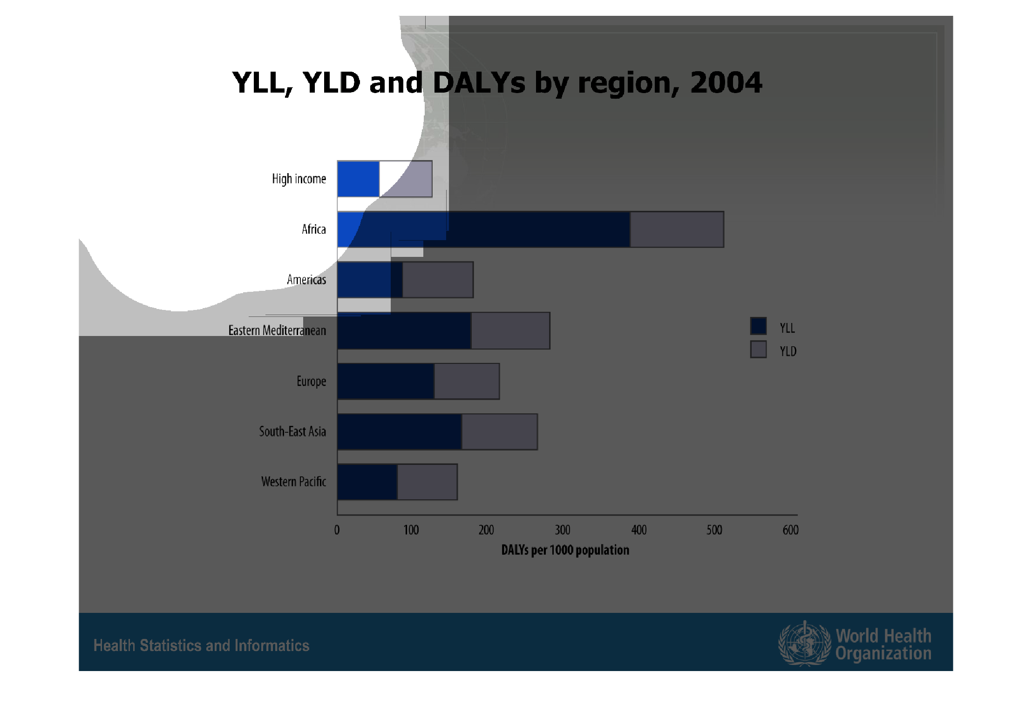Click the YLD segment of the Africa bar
(x=677, y=229)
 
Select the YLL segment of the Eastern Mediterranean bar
(x=404, y=330)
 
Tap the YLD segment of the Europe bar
(x=467, y=381)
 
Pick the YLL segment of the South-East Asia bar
(x=400, y=431)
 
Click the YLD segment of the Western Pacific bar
(x=427, y=482)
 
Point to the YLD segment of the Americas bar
(x=438, y=280)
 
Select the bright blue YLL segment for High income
(x=359, y=179)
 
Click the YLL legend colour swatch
(x=758, y=326)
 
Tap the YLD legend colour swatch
(x=758, y=349)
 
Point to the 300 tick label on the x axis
(x=563, y=530)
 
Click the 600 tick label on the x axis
(x=790, y=530)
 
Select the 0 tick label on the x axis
(x=337, y=530)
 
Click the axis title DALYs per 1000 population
(x=565, y=550)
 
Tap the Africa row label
(x=314, y=229)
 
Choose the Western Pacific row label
(x=293, y=482)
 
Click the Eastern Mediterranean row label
(x=277, y=330)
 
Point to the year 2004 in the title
(x=726, y=82)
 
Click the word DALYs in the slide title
(x=479, y=83)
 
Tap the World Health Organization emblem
(x=804, y=644)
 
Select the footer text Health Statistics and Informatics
(x=201, y=645)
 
